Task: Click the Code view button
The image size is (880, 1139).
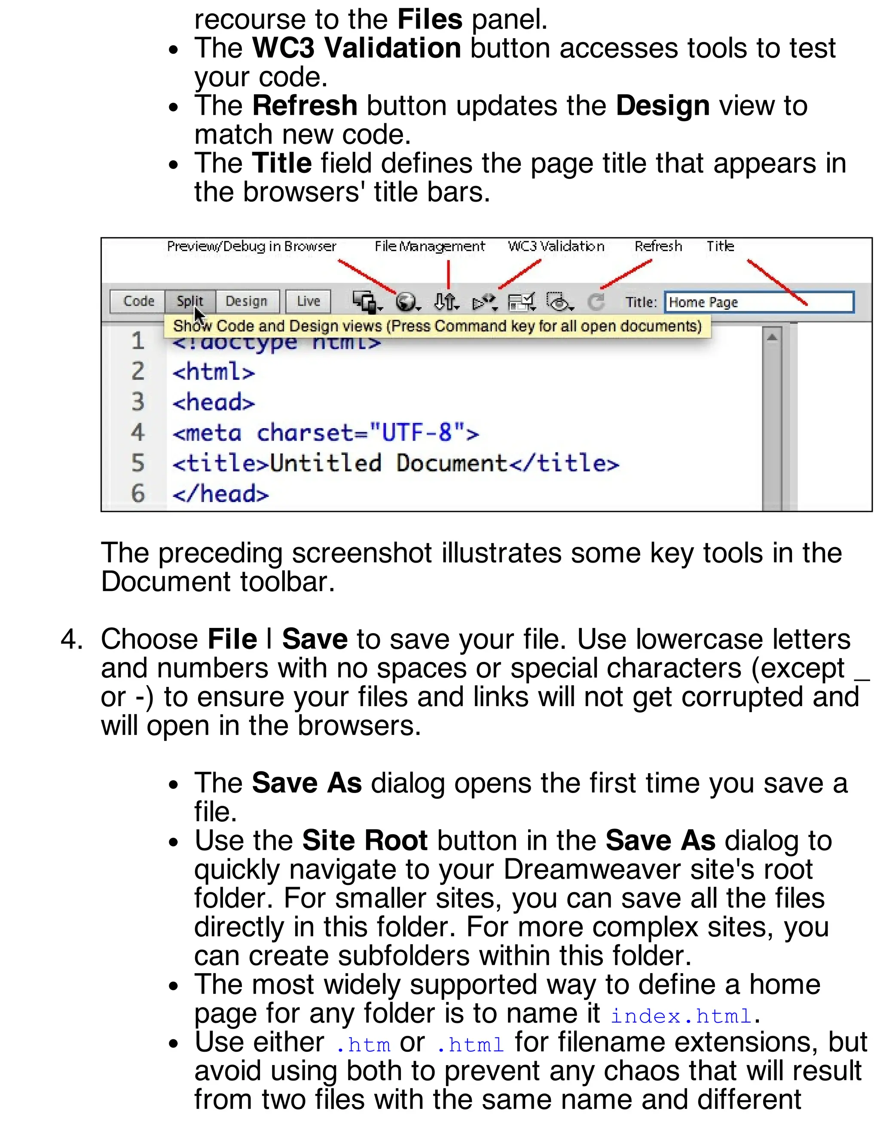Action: tap(138, 301)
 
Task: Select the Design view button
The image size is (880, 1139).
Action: tap(246, 301)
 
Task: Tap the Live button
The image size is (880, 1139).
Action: tap(308, 301)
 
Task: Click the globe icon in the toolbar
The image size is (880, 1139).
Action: tap(406, 301)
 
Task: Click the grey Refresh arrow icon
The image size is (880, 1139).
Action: tap(596, 301)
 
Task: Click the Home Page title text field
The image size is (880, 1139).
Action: tap(758, 303)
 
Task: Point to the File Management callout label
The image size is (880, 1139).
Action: tap(430, 246)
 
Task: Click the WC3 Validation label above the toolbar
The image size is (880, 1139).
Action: tap(556, 246)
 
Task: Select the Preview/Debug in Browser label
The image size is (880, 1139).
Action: tap(251, 246)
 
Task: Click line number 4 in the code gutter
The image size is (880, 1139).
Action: tap(137, 432)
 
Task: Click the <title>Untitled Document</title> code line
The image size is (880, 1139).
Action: tap(395, 463)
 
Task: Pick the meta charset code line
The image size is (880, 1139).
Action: tap(325, 433)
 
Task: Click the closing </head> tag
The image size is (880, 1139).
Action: tap(220, 494)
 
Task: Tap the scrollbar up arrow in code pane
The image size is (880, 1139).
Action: tap(772, 337)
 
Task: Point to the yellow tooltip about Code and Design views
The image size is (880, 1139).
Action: tap(437, 326)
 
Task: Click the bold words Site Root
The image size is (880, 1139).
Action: tap(364, 841)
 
